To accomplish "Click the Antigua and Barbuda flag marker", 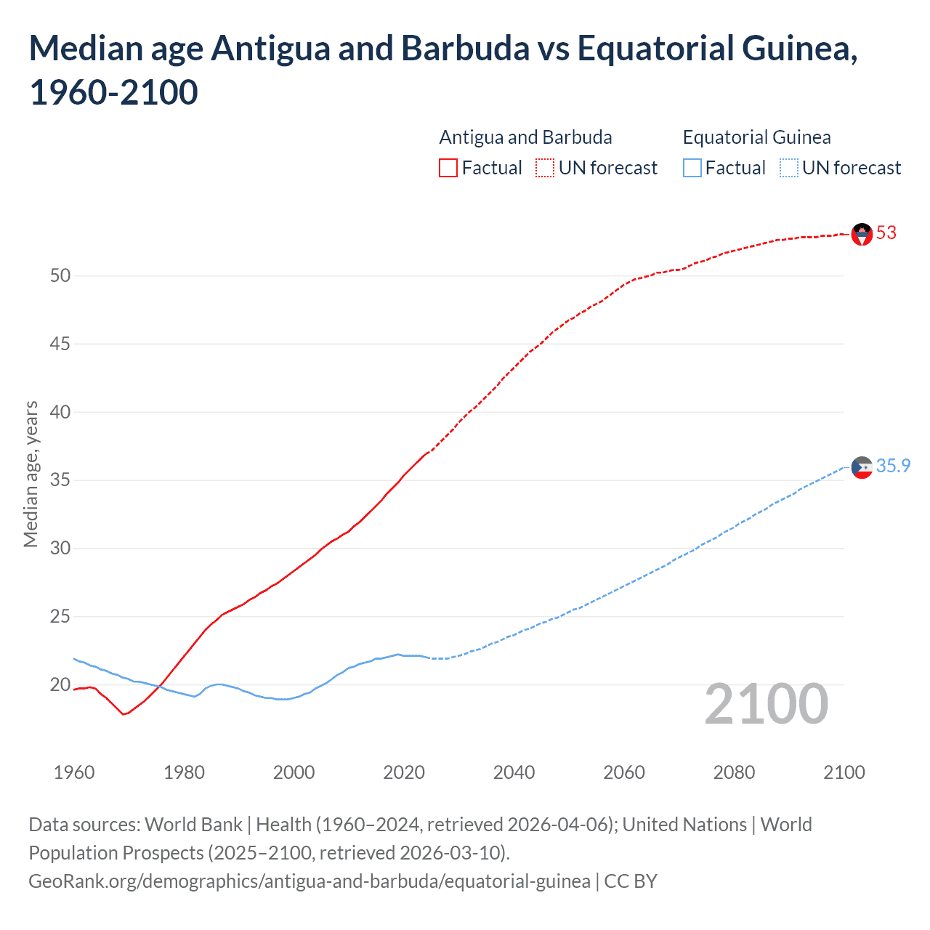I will pos(862,234).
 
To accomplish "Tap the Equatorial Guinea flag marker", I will pos(862,467).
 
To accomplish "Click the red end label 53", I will pos(886,233).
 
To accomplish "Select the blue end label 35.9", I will pos(893,466).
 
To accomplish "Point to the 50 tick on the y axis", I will pos(60,275).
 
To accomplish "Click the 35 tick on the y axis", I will pos(60,480).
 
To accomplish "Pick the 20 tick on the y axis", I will pos(60,684).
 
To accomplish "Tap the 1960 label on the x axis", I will pos(74,772).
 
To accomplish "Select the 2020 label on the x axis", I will pos(404,772).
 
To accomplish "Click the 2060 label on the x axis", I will pos(624,772).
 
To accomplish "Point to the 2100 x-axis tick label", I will pos(844,772).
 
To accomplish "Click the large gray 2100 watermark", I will pos(766,704).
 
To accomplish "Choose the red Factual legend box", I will pos(448,169).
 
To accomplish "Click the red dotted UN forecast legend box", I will pos(545,169).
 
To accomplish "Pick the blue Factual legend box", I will pos(692,169).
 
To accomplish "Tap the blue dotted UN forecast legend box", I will pos(788,169).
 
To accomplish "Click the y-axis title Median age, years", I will pos(31,474).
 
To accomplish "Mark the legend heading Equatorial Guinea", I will pos(756,137).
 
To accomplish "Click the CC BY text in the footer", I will pos(631,881).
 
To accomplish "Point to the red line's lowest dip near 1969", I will pos(124,714).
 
